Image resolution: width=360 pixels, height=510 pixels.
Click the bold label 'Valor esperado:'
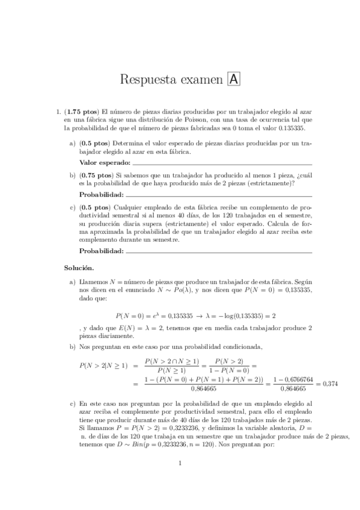pyautogui.click(x=105, y=162)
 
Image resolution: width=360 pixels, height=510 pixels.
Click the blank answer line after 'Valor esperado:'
pyautogui.click(x=222, y=164)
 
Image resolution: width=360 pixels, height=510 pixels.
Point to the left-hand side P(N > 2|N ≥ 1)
pyautogui.click(x=104, y=365)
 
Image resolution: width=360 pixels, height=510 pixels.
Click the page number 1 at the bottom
pyautogui.click(x=180, y=481)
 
